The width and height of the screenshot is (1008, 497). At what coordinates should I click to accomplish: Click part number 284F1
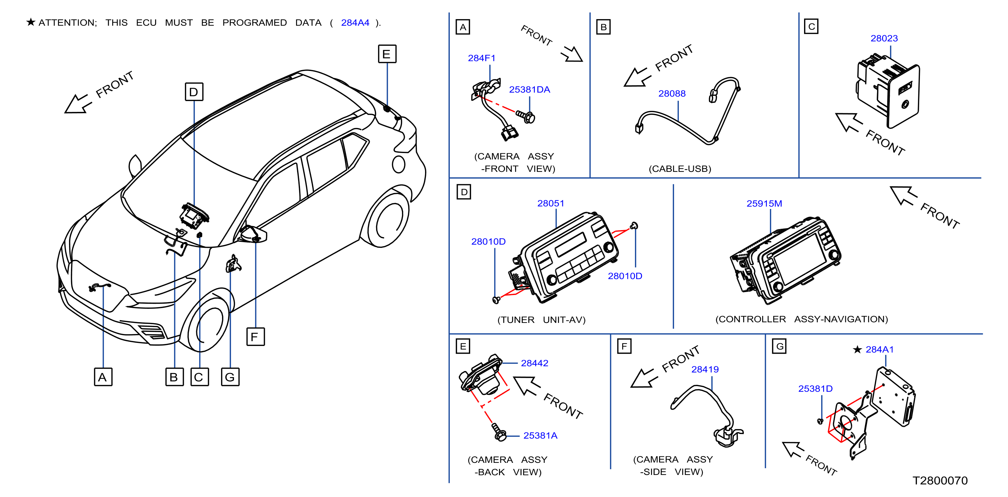tap(481, 58)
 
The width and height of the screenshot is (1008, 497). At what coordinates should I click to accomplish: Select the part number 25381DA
tap(529, 90)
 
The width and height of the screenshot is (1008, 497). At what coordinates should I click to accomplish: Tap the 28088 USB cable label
tap(672, 93)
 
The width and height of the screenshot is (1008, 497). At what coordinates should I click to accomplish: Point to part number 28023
tap(884, 39)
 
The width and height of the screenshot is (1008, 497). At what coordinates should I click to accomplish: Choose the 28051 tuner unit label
tap(551, 204)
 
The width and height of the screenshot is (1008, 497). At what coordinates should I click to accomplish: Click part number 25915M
tap(764, 204)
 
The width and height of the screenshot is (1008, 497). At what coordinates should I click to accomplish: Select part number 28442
tap(534, 363)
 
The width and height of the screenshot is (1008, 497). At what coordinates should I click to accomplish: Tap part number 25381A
tap(541, 436)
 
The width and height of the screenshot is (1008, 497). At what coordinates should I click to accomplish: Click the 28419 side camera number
tap(705, 369)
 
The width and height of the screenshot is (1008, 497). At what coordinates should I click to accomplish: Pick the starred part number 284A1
tap(880, 349)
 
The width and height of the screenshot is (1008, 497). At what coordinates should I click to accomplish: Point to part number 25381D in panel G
tap(815, 388)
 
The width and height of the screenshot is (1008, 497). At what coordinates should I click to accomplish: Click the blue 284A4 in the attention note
tap(355, 23)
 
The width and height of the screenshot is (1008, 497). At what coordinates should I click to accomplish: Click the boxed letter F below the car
tap(256, 337)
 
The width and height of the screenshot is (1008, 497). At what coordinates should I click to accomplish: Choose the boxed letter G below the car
tap(230, 377)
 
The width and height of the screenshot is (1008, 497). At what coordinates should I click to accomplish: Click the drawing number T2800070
tap(940, 481)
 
